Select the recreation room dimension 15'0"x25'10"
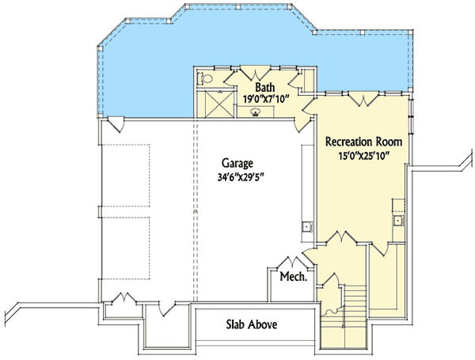(364, 156)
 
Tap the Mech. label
(292, 277)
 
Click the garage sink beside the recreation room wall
(305, 227)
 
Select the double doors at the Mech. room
(295, 263)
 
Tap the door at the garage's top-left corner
(116, 125)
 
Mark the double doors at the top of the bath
(253, 72)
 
